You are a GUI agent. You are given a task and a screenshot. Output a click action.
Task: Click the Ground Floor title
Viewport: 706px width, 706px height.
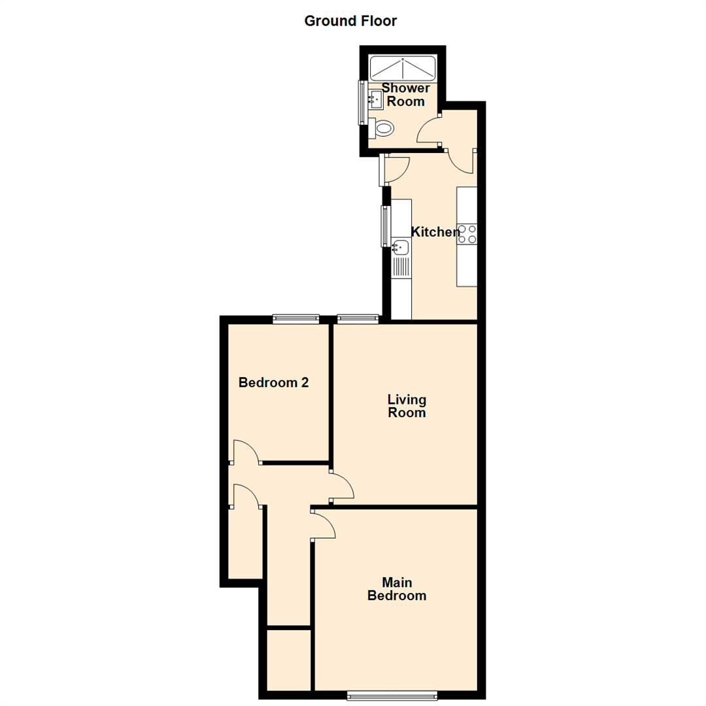[x=350, y=21]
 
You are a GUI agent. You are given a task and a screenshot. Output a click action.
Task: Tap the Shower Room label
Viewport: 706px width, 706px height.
[x=405, y=95]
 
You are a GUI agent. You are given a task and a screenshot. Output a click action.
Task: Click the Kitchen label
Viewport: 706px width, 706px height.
[x=435, y=231]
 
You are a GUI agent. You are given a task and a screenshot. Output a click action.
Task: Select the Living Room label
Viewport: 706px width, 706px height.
[x=407, y=406]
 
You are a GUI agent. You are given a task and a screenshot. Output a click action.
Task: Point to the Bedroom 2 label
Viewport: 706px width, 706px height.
[x=273, y=383]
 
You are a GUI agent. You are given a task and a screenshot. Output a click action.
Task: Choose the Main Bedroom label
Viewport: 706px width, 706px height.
[x=397, y=589]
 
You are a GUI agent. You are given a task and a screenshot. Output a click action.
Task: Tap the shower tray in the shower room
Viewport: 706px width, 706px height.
[x=403, y=68]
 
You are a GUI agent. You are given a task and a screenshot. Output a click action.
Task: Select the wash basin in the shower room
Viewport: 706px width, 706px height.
[x=375, y=100]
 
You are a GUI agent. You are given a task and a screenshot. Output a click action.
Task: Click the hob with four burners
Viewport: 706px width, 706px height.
[x=467, y=233]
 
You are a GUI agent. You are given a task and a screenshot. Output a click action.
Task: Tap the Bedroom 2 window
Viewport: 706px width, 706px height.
[x=296, y=319]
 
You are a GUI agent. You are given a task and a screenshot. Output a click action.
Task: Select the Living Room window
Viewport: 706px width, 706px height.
[x=358, y=319]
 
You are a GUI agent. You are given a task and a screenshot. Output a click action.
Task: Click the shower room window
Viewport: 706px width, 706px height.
[x=361, y=102]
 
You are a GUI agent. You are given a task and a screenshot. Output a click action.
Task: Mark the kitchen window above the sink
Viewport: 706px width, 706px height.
[x=386, y=226]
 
